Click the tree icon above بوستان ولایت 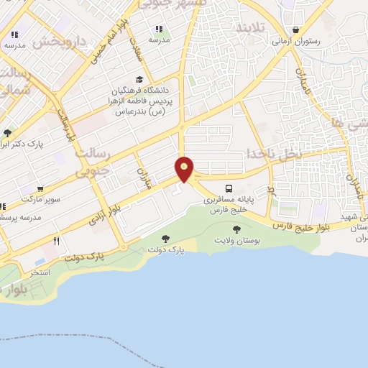pos(237,229)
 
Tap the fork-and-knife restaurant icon pos(56,241)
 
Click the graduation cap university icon pos(139,80)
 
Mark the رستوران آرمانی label pos(295,42)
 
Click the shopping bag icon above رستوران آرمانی pos(295,30)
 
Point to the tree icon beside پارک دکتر pos(7,133)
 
